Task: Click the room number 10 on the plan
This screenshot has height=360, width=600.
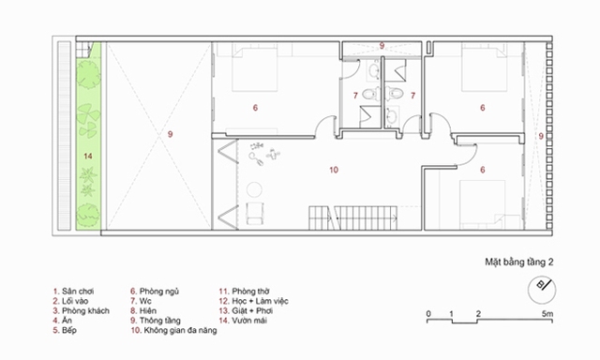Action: tap(334, 170)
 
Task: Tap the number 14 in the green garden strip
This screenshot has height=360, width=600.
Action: tap(88, 156)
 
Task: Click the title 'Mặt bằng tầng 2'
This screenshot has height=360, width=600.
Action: tap(518, 262)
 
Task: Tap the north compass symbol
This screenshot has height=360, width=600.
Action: tap(542, 290)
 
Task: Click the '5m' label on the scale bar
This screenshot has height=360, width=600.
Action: tap(547, 314)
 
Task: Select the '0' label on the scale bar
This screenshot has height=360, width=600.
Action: tap(428, 314)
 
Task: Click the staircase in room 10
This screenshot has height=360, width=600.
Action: tap(353, 217)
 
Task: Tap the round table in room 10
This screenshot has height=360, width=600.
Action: tap(254, 189)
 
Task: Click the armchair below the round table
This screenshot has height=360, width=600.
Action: tap(254, 213)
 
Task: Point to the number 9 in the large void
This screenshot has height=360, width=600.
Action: tap(171, 134)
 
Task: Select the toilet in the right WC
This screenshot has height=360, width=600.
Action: tap(394, 94)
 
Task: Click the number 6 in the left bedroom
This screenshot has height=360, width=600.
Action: tap(255, 108)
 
